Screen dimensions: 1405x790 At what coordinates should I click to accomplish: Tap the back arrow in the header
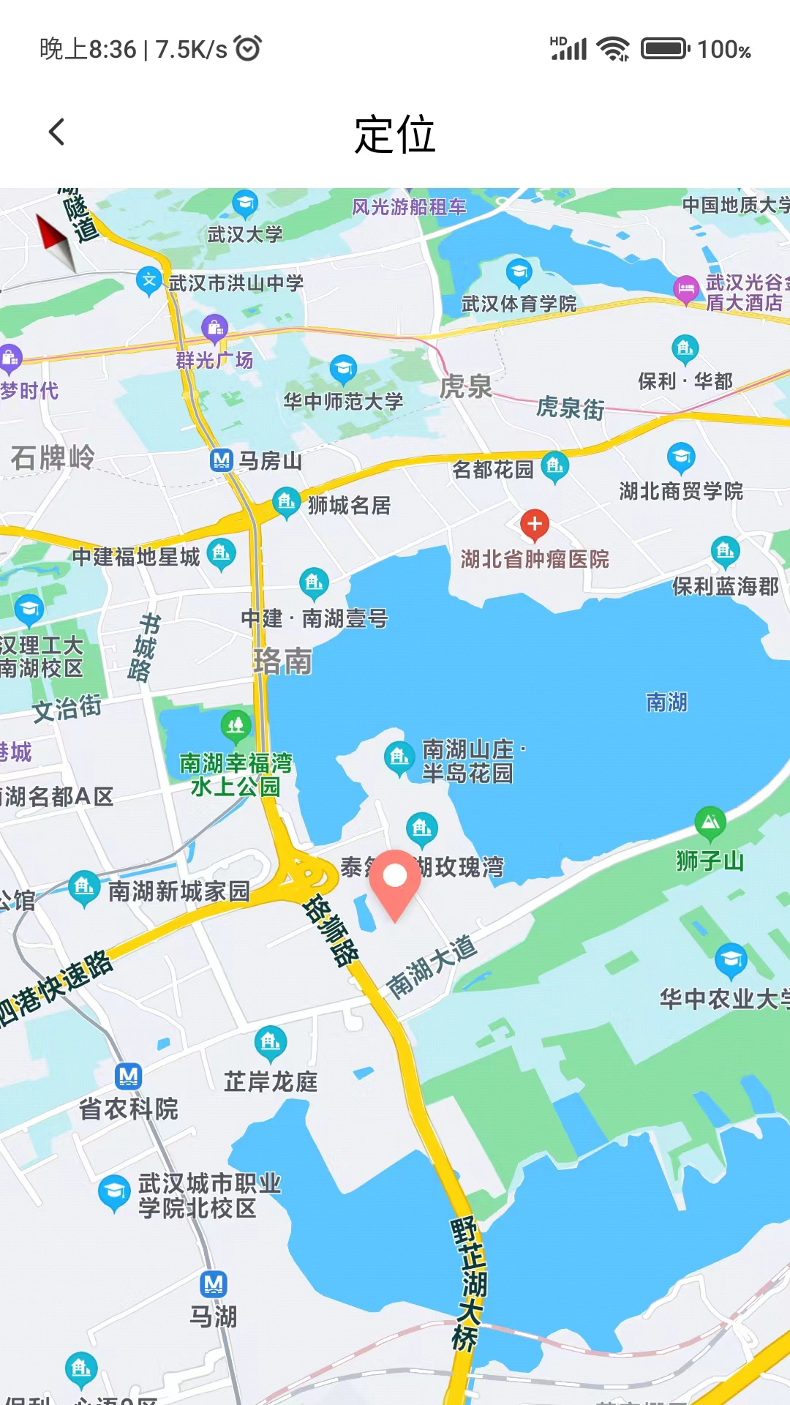[x=57, y=132]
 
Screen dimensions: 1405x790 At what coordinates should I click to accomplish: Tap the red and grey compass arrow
[x=56, y=240]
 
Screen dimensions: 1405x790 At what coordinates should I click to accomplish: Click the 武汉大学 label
[x=245, y=234]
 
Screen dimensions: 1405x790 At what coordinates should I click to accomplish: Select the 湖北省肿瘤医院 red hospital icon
[x=535, y=524]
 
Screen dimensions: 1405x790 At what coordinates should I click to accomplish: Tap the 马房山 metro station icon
[x=221, y=460]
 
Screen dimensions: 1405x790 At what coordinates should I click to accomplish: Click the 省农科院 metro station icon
[x=129, y=1076]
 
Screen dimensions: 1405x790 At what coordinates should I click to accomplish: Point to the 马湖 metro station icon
[x=214, y=1284]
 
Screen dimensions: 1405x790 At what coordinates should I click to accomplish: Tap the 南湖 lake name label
[x=666, y=702]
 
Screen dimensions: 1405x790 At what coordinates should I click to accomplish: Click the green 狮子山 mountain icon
[x=710, y=823]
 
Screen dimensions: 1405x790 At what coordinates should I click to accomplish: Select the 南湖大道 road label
[x=432, y=967]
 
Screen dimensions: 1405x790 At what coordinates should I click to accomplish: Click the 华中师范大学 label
[x=344, y=401]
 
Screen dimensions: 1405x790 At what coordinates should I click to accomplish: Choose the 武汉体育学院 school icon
[x=519, y=273]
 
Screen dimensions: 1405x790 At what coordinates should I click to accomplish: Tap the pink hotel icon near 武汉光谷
[x=686, y=289]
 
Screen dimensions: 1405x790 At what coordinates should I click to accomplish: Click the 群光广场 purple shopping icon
[x=214, y=329]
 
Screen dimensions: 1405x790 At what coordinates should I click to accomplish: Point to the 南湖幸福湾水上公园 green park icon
[x=236, y=726]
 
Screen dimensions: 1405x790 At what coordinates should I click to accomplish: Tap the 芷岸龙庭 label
[x=271, y=1082]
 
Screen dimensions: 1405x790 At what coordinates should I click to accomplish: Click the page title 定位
[x=395, y=135]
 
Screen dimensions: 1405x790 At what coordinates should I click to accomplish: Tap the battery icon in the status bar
[x=665, y=49]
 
